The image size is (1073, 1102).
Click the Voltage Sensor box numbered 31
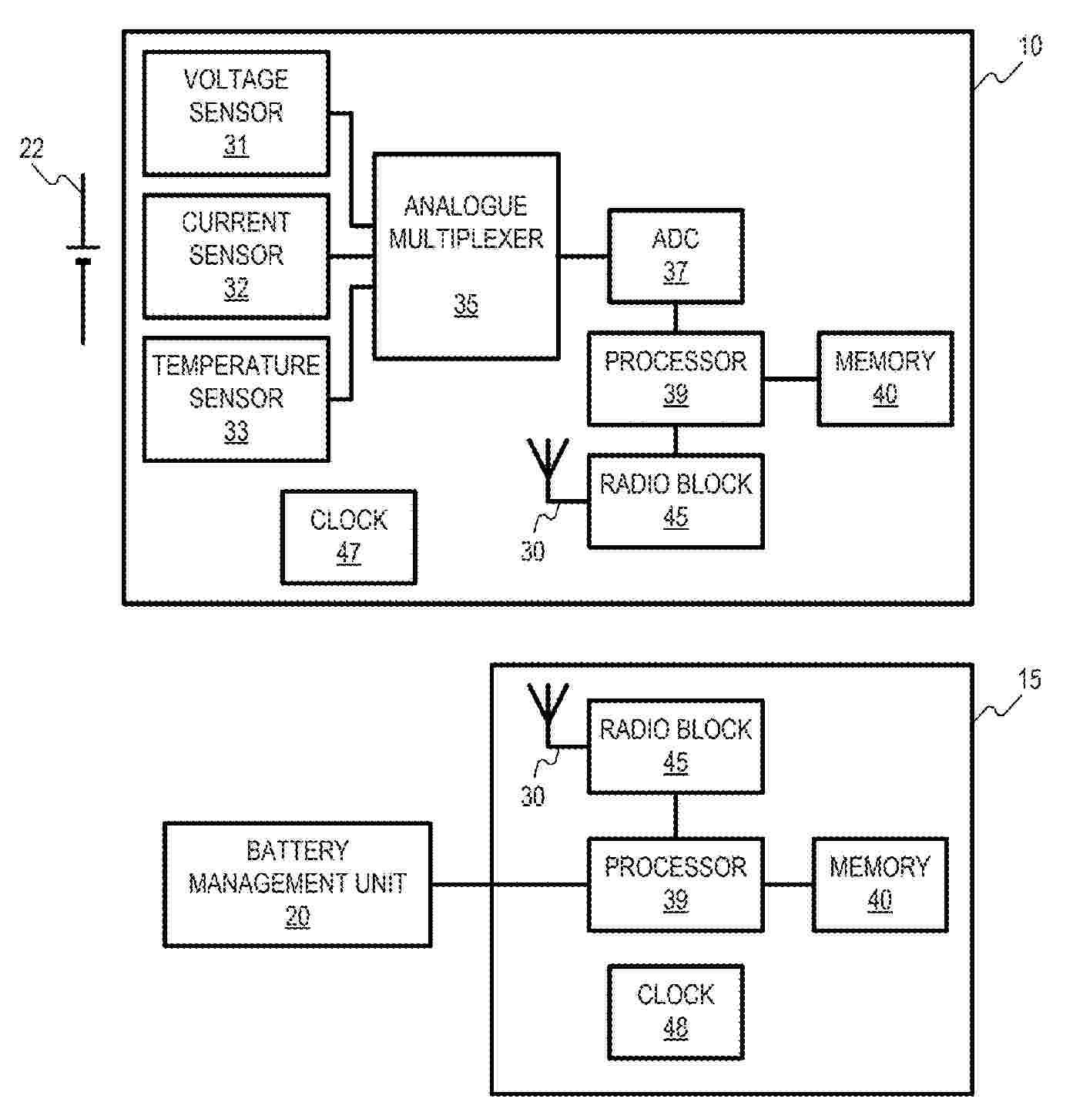(236, 113)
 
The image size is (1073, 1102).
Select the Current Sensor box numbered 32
(236, 256)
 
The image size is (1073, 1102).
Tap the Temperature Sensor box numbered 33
(236, 399)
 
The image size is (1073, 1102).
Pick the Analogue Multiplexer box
(466, 256)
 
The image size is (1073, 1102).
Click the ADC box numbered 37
(676, 256)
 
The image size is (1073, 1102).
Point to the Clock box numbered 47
(349, 537)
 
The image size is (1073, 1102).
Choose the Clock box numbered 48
(676, 1012)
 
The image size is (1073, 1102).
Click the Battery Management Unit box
(297, 884)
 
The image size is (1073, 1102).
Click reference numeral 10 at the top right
(1030, 46)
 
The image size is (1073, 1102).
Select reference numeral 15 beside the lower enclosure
(1030, 679)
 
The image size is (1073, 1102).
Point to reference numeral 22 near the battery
(32, 148)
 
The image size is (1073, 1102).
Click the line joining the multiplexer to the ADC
(583, 256)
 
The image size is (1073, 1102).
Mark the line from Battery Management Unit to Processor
(508, 884)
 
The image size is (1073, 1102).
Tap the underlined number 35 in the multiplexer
(466, 305)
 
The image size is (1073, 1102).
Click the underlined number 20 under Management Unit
(297, 916)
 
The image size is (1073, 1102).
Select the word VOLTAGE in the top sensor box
(236, 79)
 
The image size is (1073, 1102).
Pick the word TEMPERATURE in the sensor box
(236, 365)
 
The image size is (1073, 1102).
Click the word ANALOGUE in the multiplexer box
(466, 206)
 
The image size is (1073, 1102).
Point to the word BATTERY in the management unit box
(297, 851)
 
